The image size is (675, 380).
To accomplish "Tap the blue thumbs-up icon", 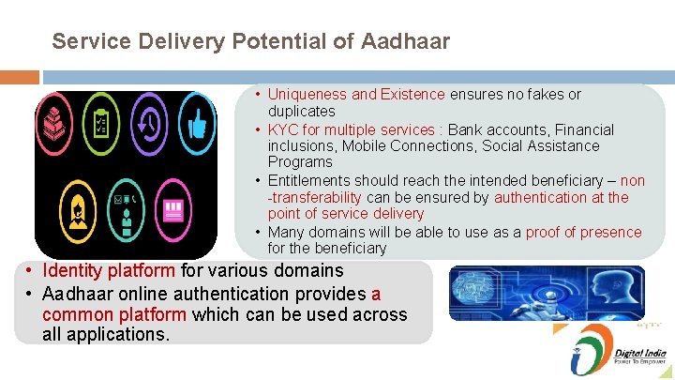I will tap(196, 125).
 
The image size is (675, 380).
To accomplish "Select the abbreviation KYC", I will tap(282, 129).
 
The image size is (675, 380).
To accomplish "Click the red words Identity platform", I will tap(109, 270).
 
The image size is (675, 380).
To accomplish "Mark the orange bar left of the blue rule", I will tap(20, 77).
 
